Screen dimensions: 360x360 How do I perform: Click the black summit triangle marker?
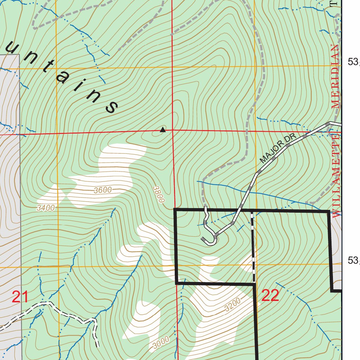point(162,130)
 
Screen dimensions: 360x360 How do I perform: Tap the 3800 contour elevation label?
point(159,194)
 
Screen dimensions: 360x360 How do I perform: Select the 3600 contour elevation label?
point(103,190)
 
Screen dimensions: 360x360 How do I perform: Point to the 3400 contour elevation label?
point(46,208)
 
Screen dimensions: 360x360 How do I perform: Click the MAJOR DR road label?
point(278,149)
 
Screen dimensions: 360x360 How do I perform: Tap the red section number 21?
point(20,297)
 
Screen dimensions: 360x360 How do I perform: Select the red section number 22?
point(270,296)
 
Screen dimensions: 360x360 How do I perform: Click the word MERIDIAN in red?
point(336,76)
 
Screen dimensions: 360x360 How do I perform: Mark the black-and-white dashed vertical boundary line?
point(253,246)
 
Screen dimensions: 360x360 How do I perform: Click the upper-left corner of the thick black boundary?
point(175,210)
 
